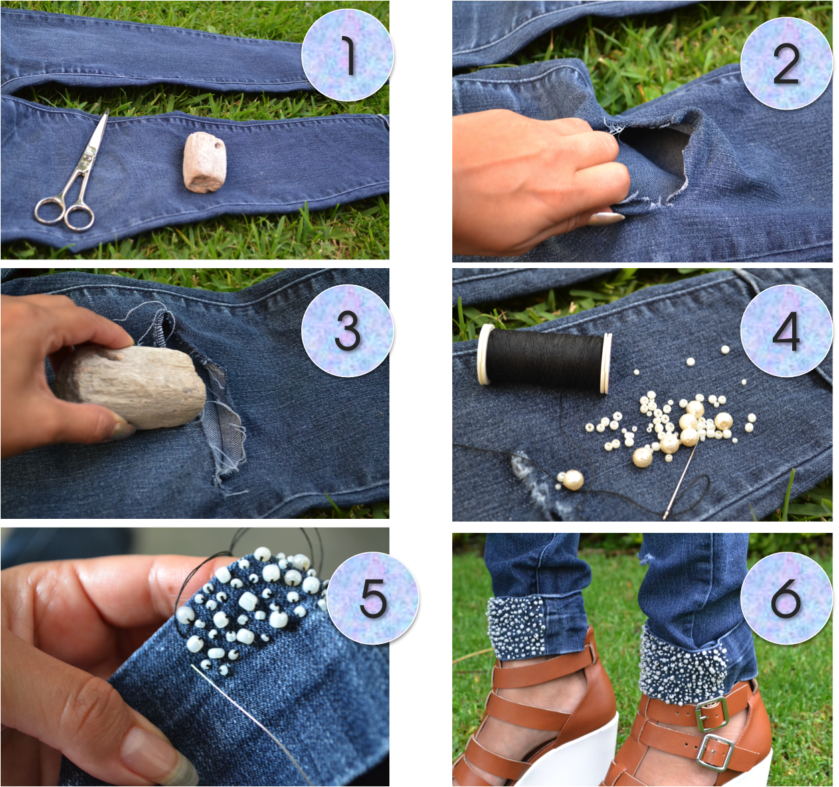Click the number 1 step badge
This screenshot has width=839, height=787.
pos(347,55)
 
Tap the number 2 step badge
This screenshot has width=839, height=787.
pos(787,64)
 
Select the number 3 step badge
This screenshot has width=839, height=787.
pos(347,330)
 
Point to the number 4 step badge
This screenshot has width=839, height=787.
pos(787,330)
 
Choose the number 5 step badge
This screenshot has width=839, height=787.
pos(373,598)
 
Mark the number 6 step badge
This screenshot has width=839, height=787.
pos(787,598)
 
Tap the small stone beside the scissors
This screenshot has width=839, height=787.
pos(205,162)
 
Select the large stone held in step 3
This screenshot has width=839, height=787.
pos(130,386)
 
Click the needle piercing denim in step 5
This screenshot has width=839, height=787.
pos(250,721)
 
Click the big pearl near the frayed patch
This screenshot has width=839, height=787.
pos(573,480)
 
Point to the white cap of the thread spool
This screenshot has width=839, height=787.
pos(485,354)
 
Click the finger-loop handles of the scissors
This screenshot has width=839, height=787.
pos(66,213)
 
